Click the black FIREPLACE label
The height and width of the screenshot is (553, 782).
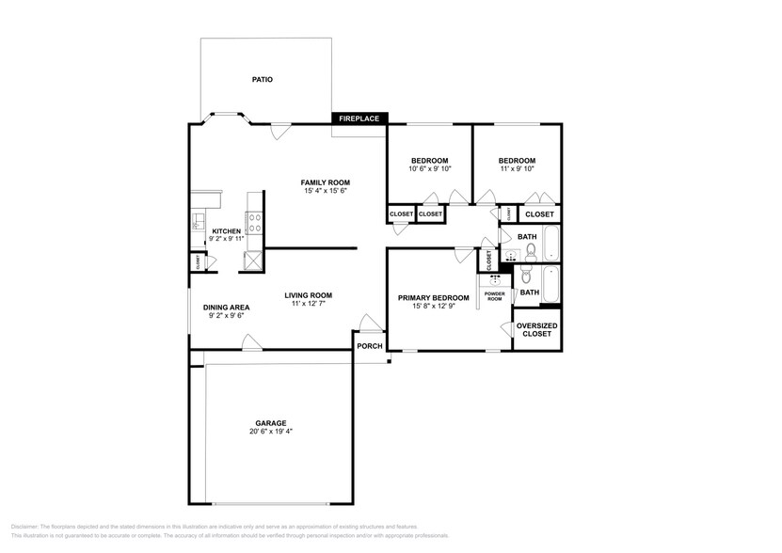359,118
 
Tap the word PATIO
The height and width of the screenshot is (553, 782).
262,80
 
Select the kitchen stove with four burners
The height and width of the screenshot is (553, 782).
253,222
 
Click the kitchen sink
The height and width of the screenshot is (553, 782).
198,222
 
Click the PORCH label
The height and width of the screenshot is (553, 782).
370,345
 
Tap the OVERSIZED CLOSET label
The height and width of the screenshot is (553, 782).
537,330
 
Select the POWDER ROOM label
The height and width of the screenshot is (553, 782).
494,297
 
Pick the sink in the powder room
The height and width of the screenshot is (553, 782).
495,278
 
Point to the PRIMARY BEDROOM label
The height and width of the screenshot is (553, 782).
433,298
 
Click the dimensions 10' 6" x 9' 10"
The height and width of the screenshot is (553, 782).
429,169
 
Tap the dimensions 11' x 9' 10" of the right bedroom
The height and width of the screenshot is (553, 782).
517,169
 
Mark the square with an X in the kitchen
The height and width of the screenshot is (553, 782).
253,261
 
